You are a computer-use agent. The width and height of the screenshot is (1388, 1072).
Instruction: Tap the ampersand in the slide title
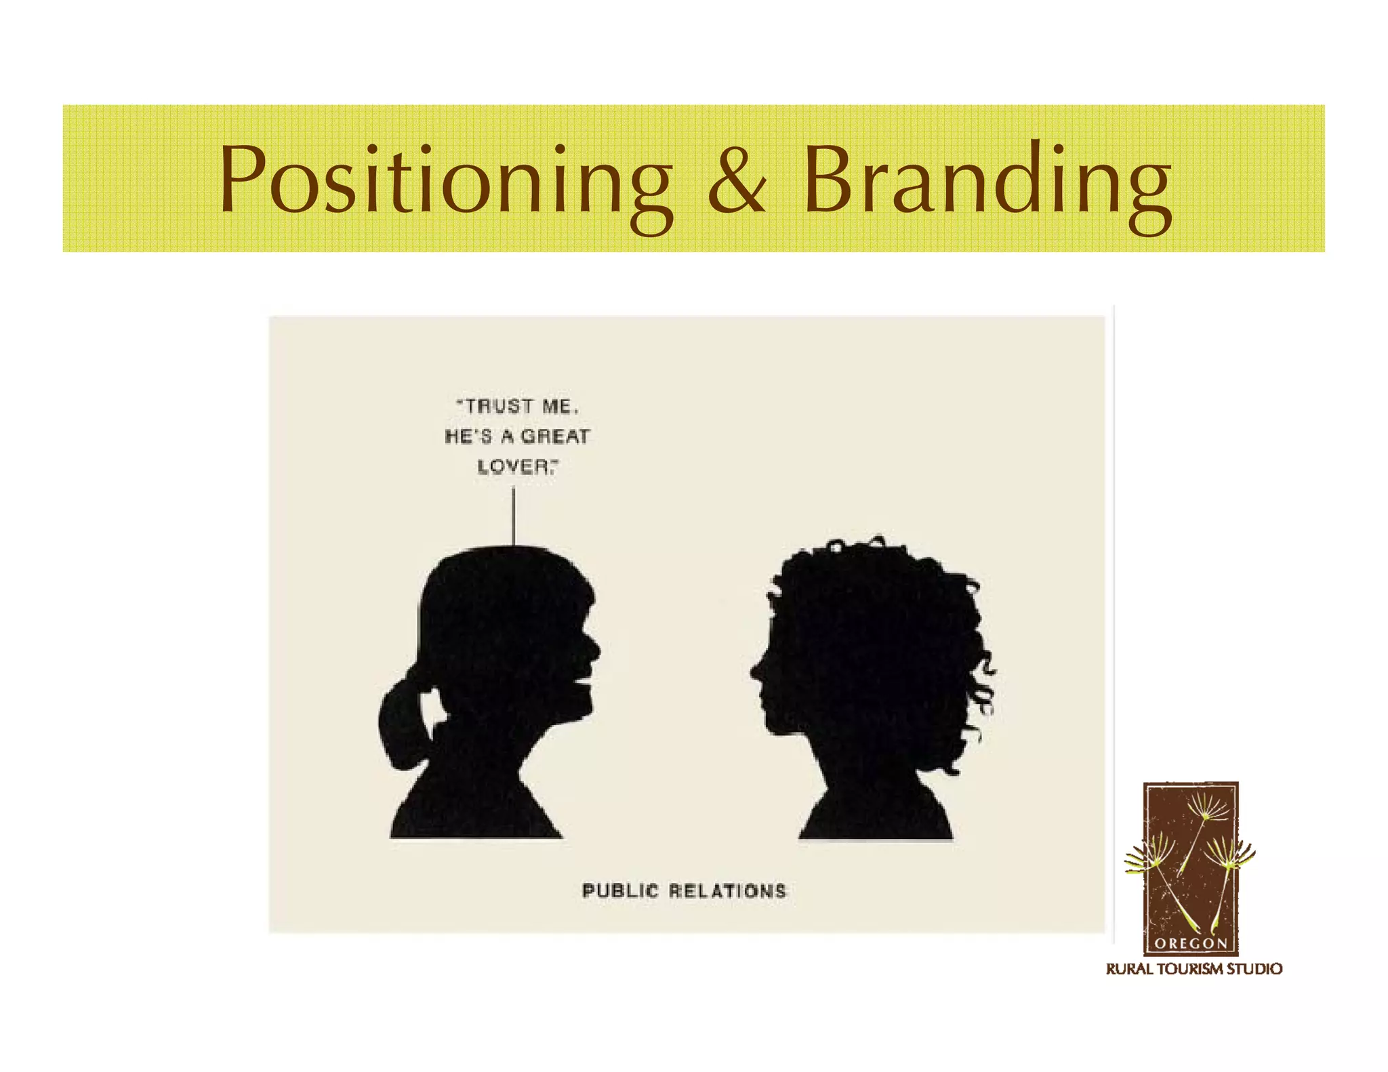pos(737,180)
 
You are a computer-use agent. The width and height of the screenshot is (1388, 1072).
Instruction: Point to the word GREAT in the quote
pos(556,436)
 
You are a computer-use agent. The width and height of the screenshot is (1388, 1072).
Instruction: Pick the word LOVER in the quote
pos(515,467)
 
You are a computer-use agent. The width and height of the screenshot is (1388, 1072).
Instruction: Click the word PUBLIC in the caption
pos(619,890)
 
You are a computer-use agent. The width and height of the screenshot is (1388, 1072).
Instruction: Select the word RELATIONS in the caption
pos(728,890)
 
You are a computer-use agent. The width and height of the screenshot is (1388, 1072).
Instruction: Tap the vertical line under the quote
pos(513,516)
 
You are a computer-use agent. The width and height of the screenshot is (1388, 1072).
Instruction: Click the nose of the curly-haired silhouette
pos(755,670)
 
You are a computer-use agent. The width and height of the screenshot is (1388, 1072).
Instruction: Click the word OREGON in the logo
pos(1191,943)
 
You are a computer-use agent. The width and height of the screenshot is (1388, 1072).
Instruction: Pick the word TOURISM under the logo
pos(1190,969)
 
